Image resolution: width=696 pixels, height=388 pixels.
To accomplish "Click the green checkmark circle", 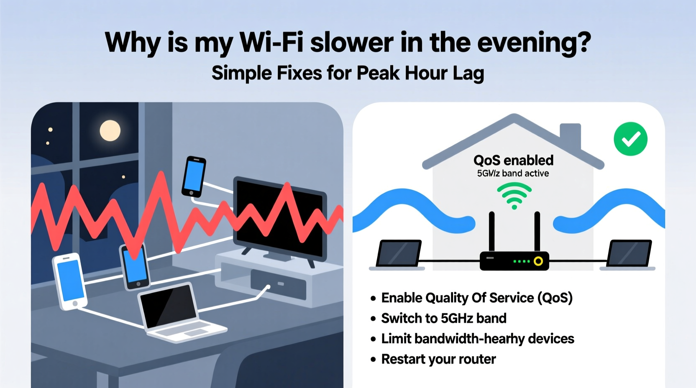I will click(x=630, y=139).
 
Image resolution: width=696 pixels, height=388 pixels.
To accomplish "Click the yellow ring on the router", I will click(x=538, y=261).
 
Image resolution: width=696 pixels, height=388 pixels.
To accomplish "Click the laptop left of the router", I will click(x=398, y=253).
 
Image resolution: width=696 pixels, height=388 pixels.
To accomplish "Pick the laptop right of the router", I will click(x=629, y=253).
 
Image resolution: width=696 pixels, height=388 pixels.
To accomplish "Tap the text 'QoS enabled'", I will click(x=513, y=160).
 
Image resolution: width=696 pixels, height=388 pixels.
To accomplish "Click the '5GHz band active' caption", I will click(x=513, y=173).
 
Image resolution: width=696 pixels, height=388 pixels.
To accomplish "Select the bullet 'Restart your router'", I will click(x=438, y=359).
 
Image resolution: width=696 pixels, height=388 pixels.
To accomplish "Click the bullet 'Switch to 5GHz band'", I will click(x=443, y=318).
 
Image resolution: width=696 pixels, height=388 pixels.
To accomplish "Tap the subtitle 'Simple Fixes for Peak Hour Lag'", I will click(x=348, y=73).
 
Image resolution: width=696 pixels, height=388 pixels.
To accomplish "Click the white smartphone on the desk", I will click(x=70, y=281).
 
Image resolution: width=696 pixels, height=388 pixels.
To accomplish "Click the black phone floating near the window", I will click(x=194, y=176).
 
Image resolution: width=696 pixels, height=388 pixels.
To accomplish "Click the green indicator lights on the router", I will click(x=522, y=261).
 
